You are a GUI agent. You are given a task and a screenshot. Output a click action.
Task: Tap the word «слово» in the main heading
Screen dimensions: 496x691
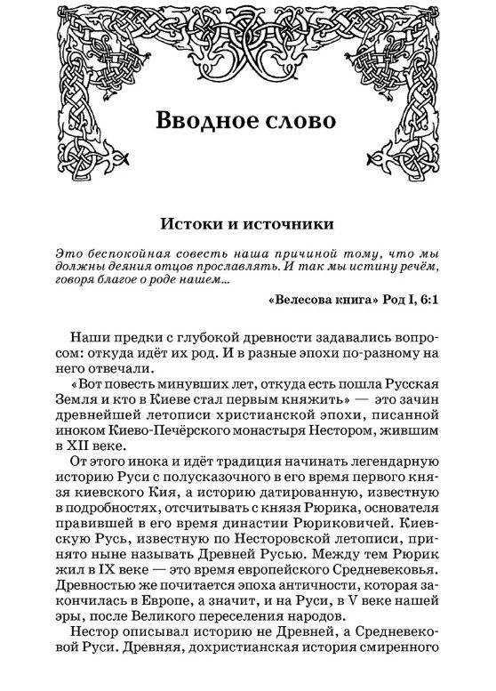pos(305,122)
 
